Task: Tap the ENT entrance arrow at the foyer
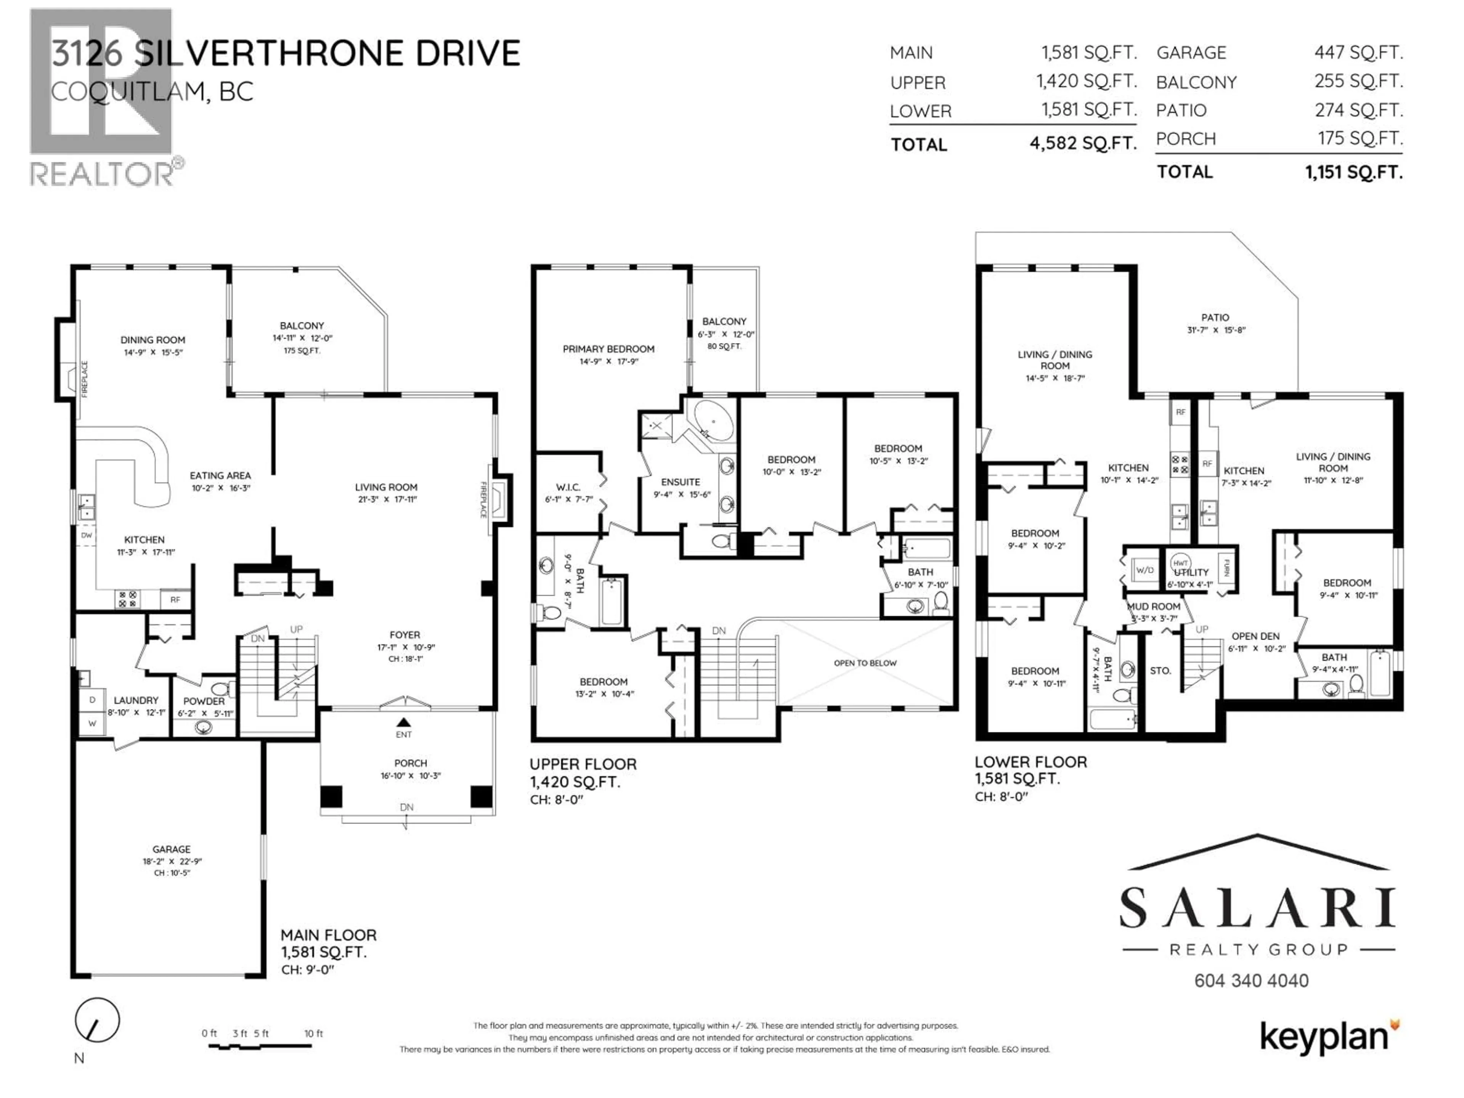click(x=404, y=723)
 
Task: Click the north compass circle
click(x=97, y=1020)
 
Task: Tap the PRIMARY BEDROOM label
click(x=608, y=349)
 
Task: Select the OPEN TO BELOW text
click(x=865, y=663)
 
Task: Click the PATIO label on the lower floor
click(x=1215, y=318)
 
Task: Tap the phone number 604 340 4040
click(x=1251, y=980)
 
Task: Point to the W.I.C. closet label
click(x=568, y=487)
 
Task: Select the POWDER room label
click(x=204, y=701)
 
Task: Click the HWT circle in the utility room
click(x=1180, y=563)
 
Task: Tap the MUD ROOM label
click(x=1154, y=606)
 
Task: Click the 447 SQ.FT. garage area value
click(x=1358, y=52)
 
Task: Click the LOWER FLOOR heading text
click(x=1031, y=762)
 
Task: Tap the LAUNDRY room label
click(x=136, y=700)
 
